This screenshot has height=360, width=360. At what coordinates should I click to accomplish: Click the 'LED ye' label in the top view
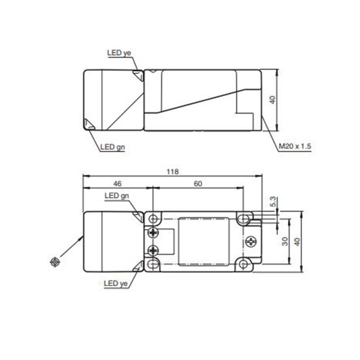(x=118, y=53)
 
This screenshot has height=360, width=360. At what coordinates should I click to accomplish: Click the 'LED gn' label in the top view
(x=111, y=146)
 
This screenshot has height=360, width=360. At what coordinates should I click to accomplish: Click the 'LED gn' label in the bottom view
(x=116, y=197)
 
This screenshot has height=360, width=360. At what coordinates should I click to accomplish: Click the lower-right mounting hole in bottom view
(x=244, y=264)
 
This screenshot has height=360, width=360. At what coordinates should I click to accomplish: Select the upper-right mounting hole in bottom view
(x=244, y=219)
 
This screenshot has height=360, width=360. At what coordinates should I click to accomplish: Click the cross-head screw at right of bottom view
(x=250, y=242)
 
